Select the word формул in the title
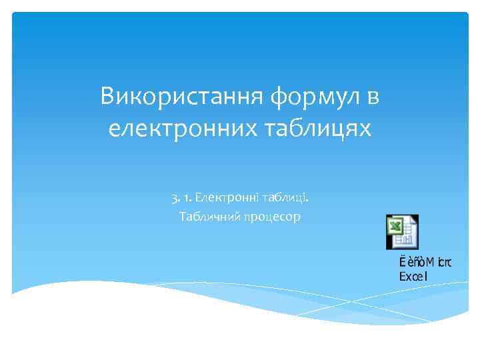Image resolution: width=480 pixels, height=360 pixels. (x=313, y=98)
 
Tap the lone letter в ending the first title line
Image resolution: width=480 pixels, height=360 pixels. (x=372, y=97)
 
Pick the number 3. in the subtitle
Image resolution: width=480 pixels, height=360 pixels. (x=174, y=197)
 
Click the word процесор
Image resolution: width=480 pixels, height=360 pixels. (x=272, y=217)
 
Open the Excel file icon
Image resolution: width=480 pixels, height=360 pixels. (x=402, y=232)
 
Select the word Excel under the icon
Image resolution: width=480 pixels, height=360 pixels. (x=413, y=276)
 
